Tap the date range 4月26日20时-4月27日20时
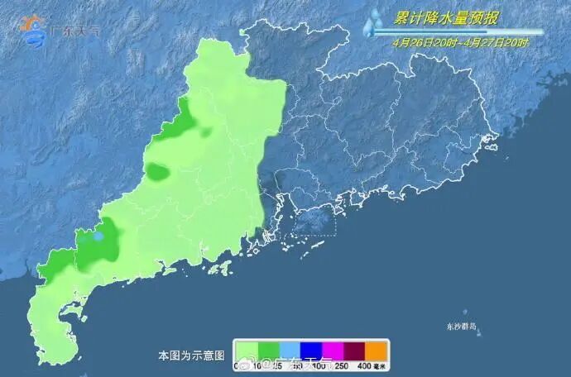[460, 42]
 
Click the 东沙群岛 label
[460, 327]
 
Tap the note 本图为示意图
[191, 356]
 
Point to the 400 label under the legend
[365, 365]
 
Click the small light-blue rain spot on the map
[98, 236]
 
